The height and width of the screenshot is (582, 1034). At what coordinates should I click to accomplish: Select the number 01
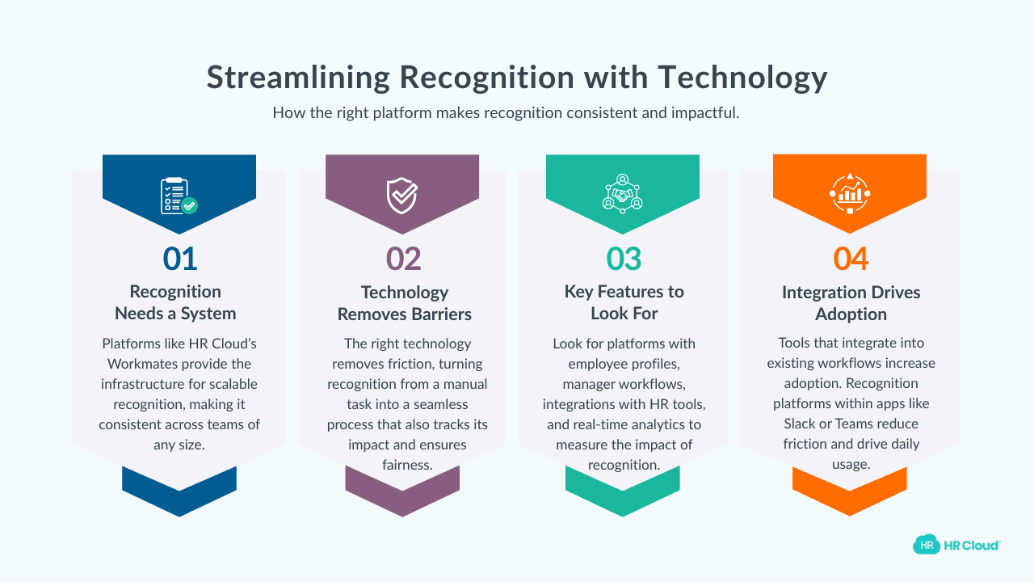pyautogui.click(x=179, y=259)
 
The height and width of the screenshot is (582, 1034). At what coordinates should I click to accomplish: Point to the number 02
pyautogui.click(x=403, y=259)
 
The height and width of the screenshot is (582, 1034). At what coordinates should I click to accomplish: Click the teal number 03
pyautogui.click(x=624, y=259)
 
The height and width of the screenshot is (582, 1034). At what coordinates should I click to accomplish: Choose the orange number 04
pyautogui.click(x=851, y=259)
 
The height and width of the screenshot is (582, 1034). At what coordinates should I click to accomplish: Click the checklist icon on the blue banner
pyautogui.click(x=179, y=196)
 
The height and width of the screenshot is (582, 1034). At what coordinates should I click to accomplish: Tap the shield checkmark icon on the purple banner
pyautogui.click(x=401, y=196)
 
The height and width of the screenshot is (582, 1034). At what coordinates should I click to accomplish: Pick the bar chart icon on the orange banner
pyautogui.click(x=850, y=194)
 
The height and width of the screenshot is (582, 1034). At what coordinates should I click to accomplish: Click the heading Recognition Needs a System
pyautogui.click(x=175, y=302)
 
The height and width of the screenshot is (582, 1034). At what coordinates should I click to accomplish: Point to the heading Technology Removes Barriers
pyautogui.click(x=404, y=302)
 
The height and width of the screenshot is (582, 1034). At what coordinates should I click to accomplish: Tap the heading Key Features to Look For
pyautogui.click(x=624, y=302)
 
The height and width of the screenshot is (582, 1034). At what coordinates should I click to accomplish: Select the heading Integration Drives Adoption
pyautogui.click(x=851, y=303)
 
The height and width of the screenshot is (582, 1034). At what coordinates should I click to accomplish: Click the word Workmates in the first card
pyautogui.click(x=141, y=364)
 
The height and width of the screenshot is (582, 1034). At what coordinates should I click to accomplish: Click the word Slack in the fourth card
pyautogui.click(x=800, y=424)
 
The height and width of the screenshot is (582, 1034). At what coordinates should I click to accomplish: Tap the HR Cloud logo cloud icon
pyautogui.click(x=927, y=545)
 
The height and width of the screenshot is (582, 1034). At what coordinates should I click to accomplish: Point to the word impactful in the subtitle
pyautogui.click(x=704, y=113)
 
